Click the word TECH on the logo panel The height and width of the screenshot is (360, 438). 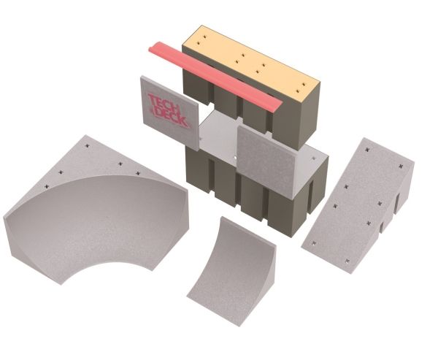click(x=162, y=102)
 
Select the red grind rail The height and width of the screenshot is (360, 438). click(x=215, y=76)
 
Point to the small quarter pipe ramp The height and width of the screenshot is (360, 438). click(x=232, y=271)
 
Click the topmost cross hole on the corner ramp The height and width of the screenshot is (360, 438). click(x=88, y=145)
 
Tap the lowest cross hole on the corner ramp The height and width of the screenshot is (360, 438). click(x=47, y=186)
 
